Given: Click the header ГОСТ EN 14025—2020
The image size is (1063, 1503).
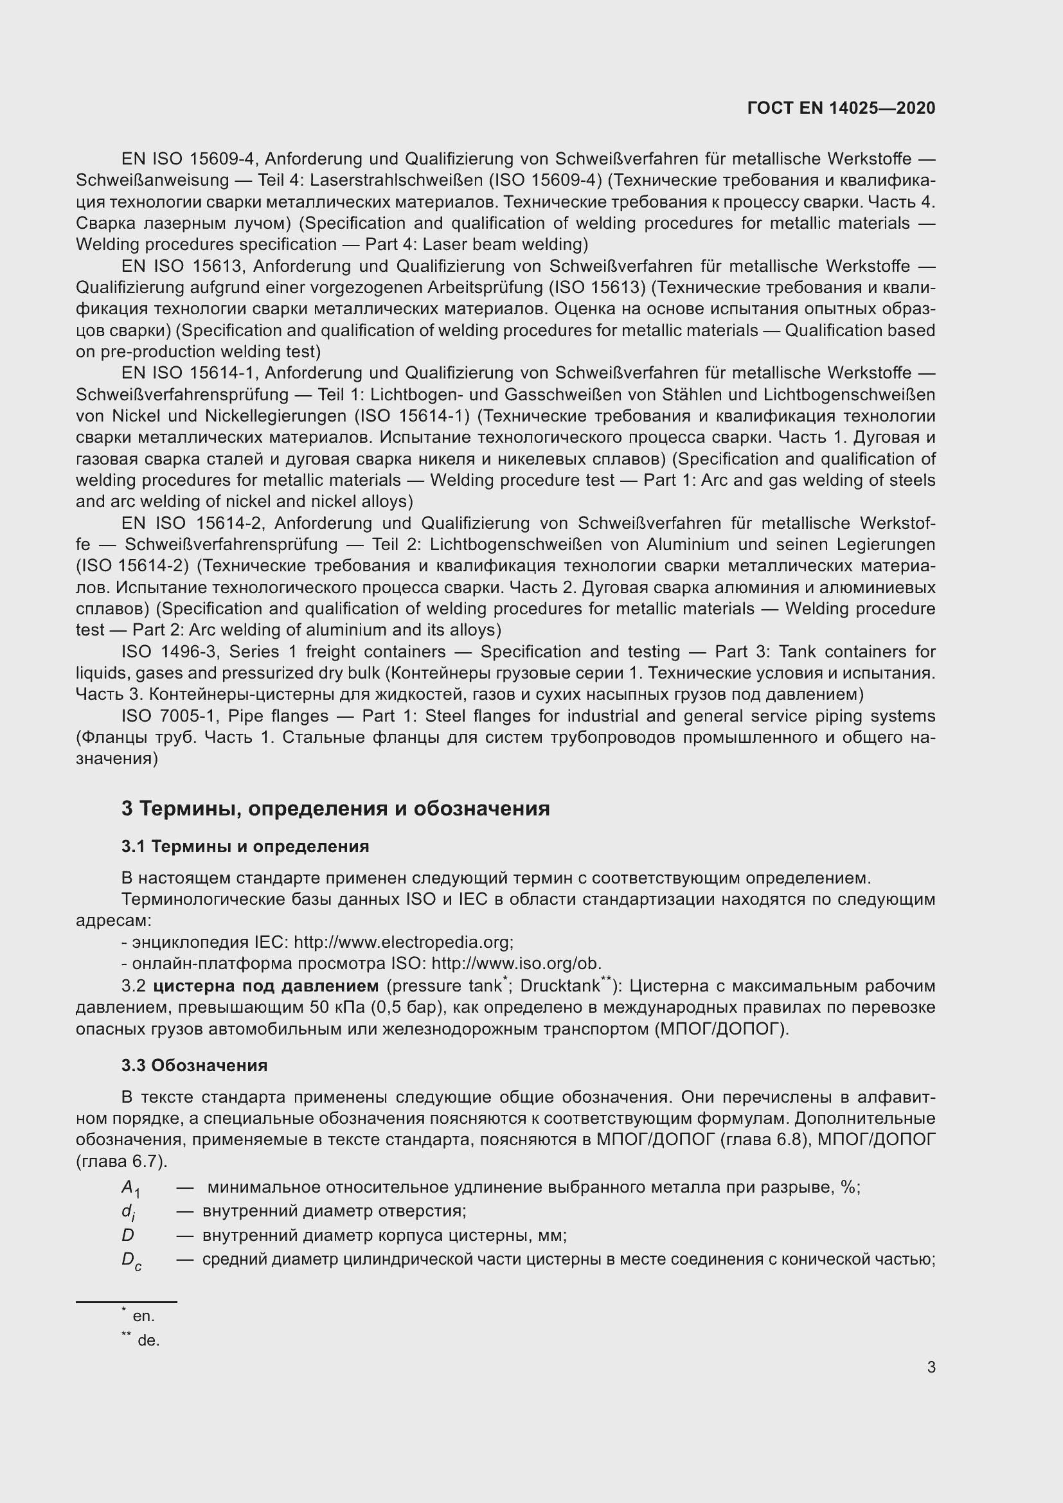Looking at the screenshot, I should point(841,108).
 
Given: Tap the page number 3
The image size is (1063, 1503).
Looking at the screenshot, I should point(931,1367).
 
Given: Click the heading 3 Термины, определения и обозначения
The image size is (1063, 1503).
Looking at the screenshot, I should point(335,808).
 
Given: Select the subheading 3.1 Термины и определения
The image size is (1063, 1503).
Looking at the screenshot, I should point(245,846).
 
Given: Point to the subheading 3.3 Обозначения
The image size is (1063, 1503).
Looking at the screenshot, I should point(193,1065).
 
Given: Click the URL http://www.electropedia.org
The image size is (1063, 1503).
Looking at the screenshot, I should point(402,942).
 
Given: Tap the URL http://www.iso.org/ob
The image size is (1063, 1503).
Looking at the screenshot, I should point(516,964).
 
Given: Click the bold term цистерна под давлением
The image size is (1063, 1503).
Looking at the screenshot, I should point(266,986).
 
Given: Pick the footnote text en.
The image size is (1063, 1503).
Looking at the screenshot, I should point(143,1316).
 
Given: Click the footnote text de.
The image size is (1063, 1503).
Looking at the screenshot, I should point(148,1340).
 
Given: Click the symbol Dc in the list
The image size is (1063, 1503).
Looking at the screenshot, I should point(131,1259).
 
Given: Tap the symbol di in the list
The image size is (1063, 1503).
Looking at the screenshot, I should point(128,1212).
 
